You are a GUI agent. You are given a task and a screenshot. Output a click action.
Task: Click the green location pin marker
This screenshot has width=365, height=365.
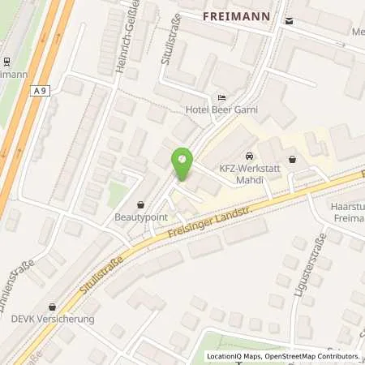pyautogui.click(x=182, y=159)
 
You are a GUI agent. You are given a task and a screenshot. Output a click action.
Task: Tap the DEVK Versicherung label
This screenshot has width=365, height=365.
pyautogui.click(x=54, y=319)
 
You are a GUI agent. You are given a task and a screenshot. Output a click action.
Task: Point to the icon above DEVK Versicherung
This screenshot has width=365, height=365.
pyautogui.click(x=54, y=306)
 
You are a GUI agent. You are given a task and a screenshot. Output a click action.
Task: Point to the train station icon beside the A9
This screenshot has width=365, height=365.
pyautogui.click(x=5, y=61)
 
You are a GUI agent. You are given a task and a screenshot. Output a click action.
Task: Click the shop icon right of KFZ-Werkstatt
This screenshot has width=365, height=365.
pyautogui.click(x=292, y=159)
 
